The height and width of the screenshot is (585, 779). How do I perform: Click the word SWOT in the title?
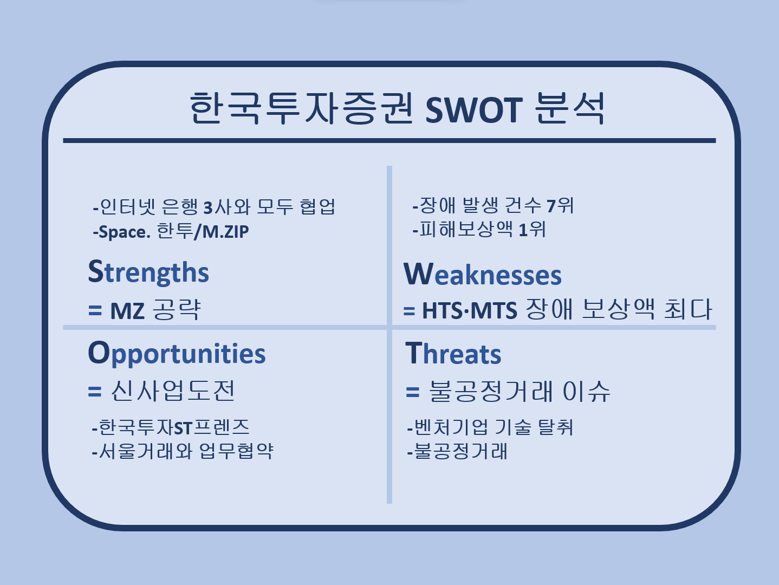pyautogui.click(x=473, y=109)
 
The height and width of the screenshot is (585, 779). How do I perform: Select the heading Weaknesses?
pyautogui.click(x=483, y=274)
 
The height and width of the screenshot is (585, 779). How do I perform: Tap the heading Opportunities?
pyautogui.click(x=177, y=354)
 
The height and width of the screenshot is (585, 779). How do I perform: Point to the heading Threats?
pyautogui.click(x=453, y=353)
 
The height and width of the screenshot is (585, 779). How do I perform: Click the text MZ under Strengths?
pyautogui.click(x=127, y=311)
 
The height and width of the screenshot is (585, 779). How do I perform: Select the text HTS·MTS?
pyautogui.click(x=469, y=311)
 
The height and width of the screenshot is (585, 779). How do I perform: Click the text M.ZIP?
pyautogui.click(x=225, y=232)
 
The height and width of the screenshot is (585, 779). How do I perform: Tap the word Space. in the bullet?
pyautogui.click(x=125, y=232)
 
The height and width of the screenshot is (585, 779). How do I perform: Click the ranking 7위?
pyautogui.click(x=560, y=206)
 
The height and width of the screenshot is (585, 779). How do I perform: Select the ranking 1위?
pyautogui.click(x=532, y=230)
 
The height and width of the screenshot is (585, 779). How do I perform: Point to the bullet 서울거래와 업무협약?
pyautogui.click(x=183, y=452)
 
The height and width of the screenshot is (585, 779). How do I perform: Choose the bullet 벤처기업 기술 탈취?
pyautogui.click(x=490, y=427)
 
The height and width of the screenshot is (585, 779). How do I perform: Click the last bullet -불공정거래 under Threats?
pyautogui.click(x=457, y=452)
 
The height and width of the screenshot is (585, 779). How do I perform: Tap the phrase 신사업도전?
pyautogui.click(x=172, y=391)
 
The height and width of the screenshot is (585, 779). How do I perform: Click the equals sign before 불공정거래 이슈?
pyautogui.click(x=412, y=392)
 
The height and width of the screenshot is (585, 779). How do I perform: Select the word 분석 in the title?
pyautogui.click(x=570, y=108)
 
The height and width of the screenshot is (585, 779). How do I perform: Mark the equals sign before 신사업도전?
pyautogui.click(x=95, y=392)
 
